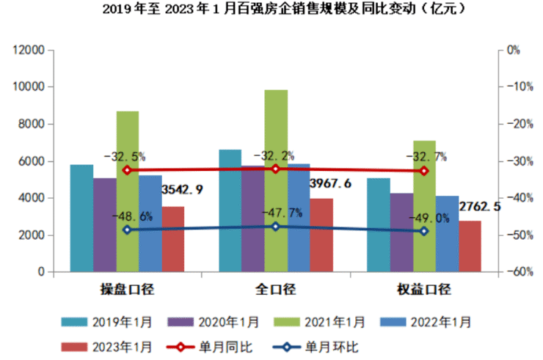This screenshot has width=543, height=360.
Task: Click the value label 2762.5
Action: (x=480, y=207)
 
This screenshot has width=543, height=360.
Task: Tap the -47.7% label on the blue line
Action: (x=281, y=213)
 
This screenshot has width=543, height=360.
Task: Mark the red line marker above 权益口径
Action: (x=424, y=171)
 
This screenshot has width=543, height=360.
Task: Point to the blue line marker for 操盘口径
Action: (x=127, y=229)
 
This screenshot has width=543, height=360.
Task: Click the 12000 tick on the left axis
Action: (x=29, y=50)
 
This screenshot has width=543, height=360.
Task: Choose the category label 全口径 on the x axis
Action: (x=275, y=288)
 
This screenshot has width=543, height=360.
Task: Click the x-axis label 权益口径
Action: (x=424, y=288)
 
